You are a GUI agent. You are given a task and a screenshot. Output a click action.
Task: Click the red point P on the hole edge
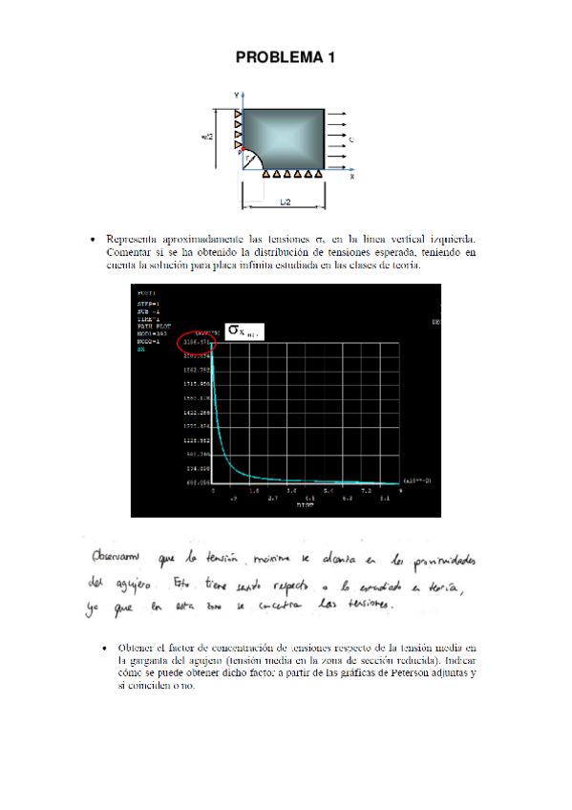[241, 151]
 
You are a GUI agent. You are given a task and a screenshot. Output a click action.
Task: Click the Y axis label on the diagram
[236, 94]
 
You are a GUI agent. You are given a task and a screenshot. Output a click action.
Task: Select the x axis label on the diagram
[351, 177]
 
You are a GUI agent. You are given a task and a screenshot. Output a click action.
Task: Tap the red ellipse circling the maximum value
[197, 343]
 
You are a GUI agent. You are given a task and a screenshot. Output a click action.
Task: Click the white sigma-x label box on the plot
[243, 332]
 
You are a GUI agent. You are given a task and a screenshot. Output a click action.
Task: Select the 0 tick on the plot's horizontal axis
[213, 490]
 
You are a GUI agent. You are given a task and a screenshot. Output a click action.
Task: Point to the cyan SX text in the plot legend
[140, 350]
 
